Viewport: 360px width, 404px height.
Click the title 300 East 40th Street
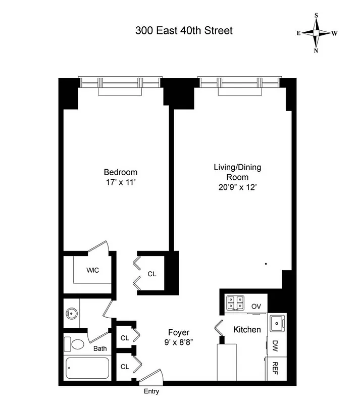pos(184,31)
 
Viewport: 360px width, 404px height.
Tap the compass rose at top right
pos(317,33)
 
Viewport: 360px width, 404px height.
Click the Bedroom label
pos(120,172)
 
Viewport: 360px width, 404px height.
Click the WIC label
pos(92,270)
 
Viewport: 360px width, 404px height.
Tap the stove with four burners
pos(235,302)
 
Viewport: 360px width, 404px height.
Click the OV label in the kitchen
pos(256,306)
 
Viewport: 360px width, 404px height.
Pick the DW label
pos(276,346)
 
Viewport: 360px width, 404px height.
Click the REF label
pos(276,368)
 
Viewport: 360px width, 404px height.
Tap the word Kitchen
pos(247,330)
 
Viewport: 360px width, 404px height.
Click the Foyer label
pos(179,332)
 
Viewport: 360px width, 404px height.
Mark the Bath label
pos(100,348)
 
